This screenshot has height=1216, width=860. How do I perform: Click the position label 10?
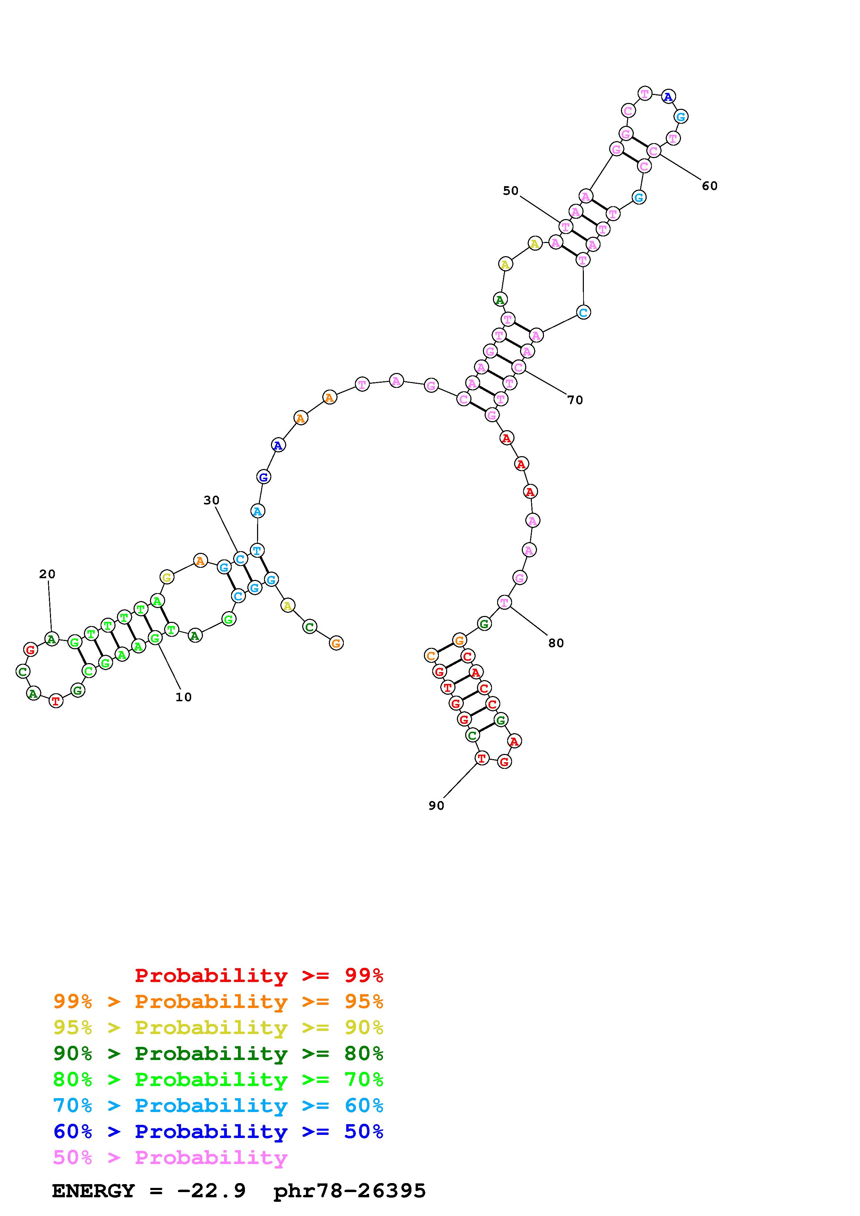183,697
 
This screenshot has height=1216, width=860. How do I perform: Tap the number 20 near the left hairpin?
47,574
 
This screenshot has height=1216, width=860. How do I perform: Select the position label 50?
511,191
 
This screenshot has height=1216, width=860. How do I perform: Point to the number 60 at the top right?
709,186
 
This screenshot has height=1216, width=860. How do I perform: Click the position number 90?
436,806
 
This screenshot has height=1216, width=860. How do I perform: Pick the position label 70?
575,400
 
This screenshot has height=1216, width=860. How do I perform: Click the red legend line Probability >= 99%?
259,975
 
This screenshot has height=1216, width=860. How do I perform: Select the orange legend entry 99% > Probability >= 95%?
218,1001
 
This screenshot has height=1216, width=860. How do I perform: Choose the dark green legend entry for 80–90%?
218,1053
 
